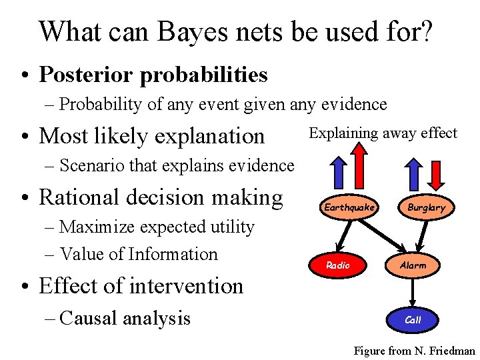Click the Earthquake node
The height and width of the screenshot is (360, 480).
coord(350,207)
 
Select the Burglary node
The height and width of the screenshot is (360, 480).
coord(427,207)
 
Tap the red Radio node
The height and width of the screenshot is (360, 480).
coord(337,265)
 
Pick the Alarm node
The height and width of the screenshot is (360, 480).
coord(413,265)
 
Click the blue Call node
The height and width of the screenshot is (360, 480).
coord(413,319)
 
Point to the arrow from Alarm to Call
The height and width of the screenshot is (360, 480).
coord(413,292)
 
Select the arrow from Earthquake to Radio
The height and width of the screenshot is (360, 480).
coord(343,236)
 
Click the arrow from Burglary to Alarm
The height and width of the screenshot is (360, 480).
coord(419,236)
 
